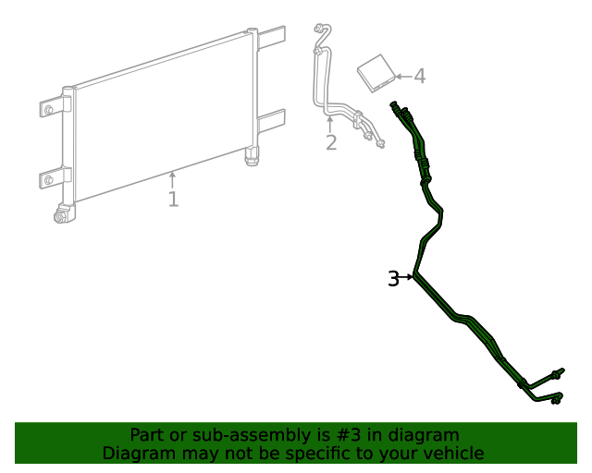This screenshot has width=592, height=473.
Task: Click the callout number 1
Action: pos(173,199)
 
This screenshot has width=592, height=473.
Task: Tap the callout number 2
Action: pos(330,142)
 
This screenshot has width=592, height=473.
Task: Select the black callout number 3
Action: pos(393,278)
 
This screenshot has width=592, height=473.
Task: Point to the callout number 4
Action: pos(419,76)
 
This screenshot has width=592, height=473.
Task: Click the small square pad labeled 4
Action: pos(376,72)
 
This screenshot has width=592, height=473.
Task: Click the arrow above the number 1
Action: pos(172,177)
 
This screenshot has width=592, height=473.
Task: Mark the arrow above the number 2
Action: pos(330,122)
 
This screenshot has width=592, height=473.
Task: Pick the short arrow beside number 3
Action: pos(407,276)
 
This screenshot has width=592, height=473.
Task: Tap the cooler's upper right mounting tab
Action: pos(271,40)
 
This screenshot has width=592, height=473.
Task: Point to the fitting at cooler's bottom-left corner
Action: pos(64,215)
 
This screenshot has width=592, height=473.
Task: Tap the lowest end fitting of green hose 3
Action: pos(555,399)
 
